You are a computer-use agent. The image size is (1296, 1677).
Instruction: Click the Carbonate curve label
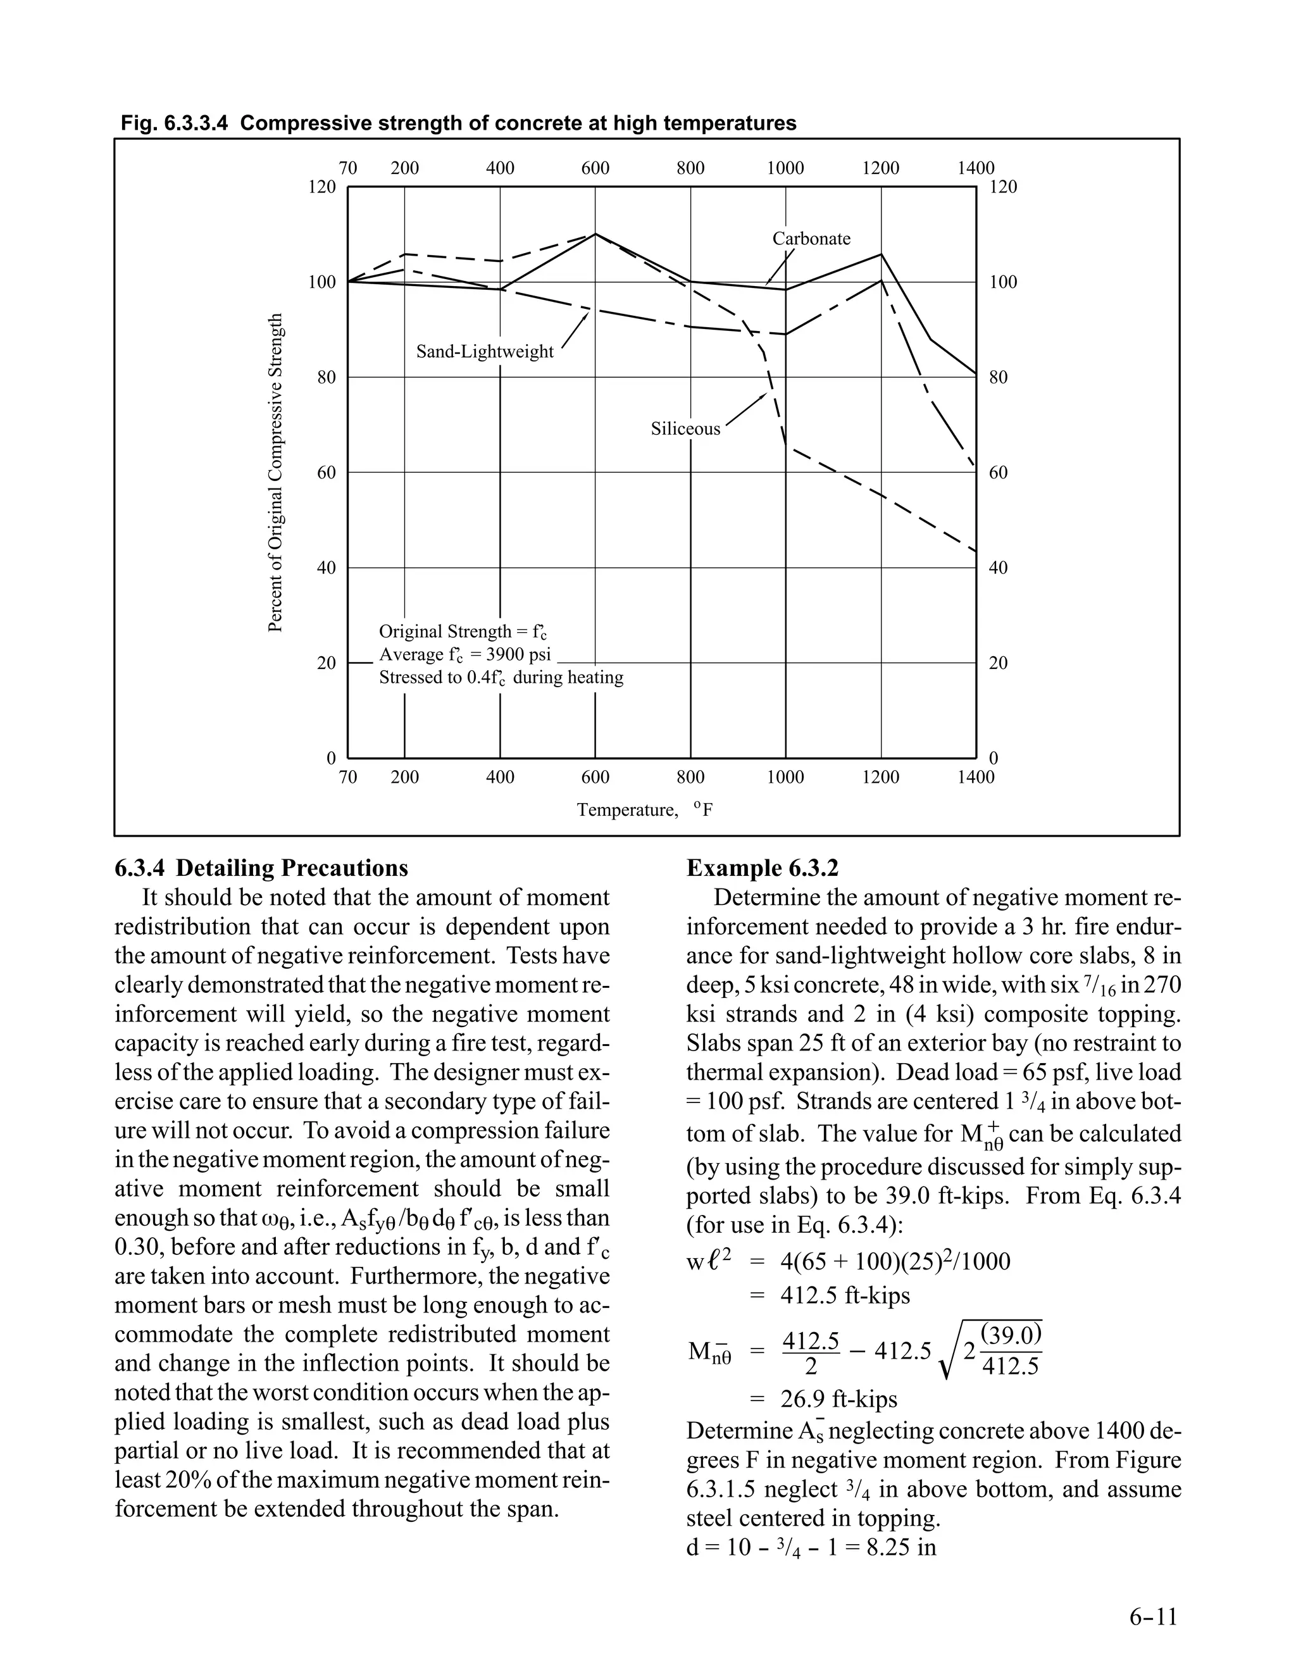(x=811, y=239)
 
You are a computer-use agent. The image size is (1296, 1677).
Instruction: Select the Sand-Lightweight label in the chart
(x=485, y=352)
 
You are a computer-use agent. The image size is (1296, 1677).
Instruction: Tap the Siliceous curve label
(x=685, y=428)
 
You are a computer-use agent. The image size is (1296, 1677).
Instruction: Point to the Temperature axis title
(x=627, y=810)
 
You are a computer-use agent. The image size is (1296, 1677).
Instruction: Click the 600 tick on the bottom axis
(x=595, y=777)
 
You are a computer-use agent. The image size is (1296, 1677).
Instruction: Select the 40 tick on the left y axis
(x=327, y=568)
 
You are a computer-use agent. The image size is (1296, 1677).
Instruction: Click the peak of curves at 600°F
(x=595, y=234)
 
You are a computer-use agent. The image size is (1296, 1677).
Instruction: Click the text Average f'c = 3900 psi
(x=464, y=655)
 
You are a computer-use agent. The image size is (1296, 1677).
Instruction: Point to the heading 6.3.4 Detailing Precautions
(x=261, y=868)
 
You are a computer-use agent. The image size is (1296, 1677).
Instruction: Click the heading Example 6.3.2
(x=762, y=868)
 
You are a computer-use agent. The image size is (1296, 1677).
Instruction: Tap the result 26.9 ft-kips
(x=838, y=1399)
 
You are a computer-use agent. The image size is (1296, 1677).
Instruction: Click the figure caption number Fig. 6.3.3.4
(x=174, y=123)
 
